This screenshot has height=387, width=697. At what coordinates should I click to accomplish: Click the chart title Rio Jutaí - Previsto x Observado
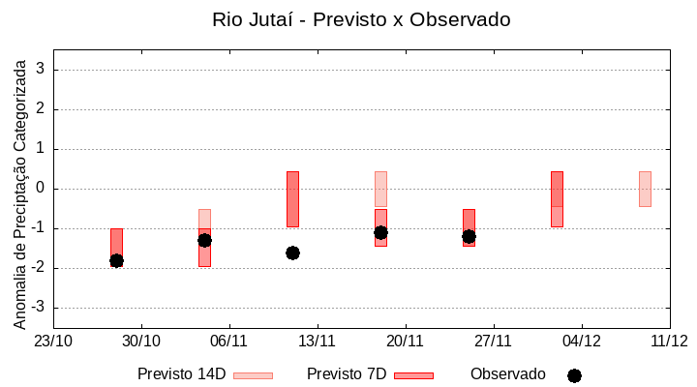(361, 19)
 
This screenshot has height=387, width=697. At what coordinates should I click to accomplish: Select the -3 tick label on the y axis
(40, 308)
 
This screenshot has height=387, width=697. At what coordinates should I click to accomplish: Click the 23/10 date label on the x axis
(53, 341)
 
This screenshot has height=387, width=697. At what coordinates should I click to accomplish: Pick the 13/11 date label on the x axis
(317, 341)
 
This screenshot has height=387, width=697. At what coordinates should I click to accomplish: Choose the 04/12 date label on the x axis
(581, 341)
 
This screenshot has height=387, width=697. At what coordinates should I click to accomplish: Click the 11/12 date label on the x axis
(669, 341)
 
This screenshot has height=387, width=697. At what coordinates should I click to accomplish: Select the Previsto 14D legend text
(182, 374)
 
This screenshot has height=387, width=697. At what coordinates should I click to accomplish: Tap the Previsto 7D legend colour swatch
(413, 375)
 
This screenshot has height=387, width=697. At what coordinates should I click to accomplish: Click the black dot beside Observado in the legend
(574, 375)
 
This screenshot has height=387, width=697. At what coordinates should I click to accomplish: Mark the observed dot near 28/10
(116, 260)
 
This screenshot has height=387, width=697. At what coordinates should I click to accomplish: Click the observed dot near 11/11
(292, 253)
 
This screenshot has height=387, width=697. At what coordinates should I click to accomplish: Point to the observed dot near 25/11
(469, 236)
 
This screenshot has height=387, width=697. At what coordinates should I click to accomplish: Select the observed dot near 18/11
(380, 232)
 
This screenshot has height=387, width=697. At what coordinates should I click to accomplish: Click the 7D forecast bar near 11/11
(292, 198)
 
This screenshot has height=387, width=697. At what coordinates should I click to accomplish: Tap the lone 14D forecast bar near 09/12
(645, 189)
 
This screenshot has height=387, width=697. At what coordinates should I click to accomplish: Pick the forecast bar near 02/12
(557, 198)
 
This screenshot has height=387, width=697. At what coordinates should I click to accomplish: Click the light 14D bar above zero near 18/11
(380, 189)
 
